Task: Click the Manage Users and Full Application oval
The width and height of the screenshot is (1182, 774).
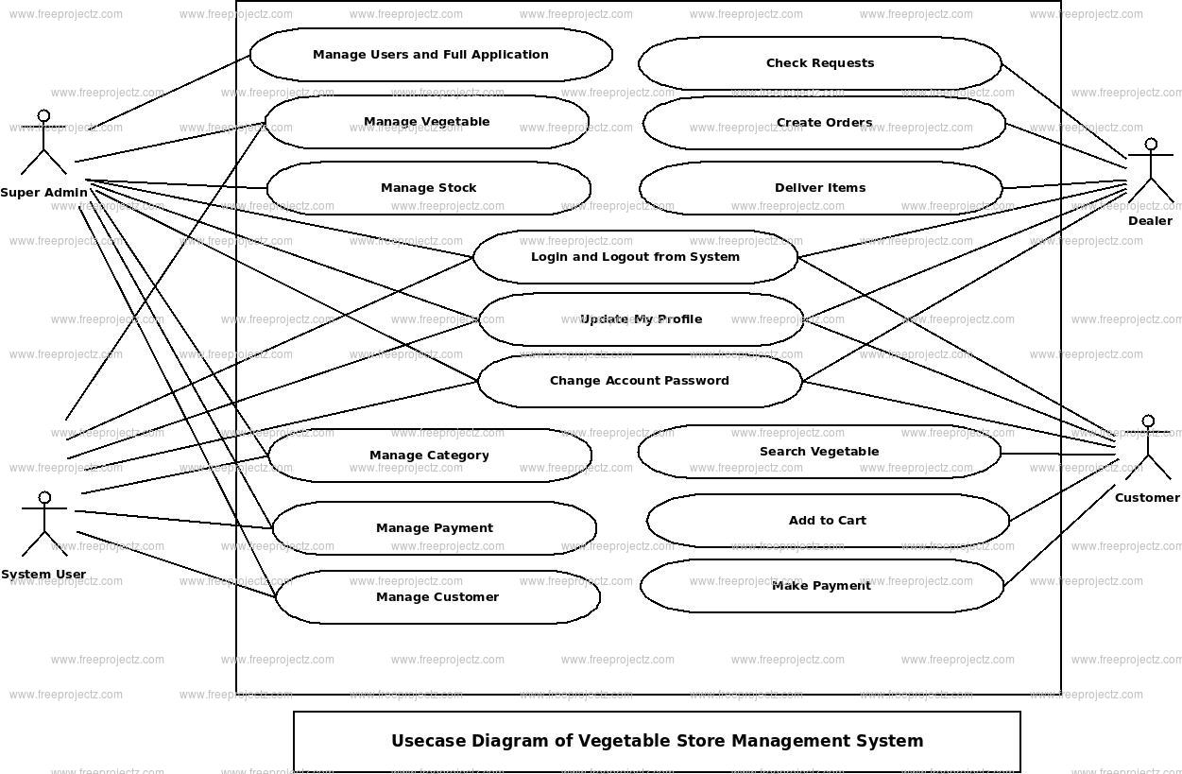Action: (x=431, y=55)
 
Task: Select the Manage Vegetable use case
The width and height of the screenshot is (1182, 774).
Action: (x=426, y=122)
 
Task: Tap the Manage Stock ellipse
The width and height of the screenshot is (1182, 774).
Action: (x=428, y=188)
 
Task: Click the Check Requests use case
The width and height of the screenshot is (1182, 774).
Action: (x=819, y=63)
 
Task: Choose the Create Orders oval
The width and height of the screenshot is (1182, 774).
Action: (x=824, y=123)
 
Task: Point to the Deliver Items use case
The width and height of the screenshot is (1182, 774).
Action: (x=820, y=188)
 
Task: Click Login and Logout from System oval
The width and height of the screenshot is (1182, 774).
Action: (x=635, y=257)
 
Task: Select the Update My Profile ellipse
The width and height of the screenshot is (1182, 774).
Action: (x=641, y=319)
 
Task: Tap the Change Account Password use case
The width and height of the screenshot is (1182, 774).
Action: (x=640, y=381)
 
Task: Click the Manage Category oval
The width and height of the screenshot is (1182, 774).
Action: (x=430, y=456)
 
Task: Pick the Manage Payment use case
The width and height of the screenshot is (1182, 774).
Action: (x=434, y=528)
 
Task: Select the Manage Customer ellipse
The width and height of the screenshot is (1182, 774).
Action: (x=437, y=597)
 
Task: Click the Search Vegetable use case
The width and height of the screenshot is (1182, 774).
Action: (x=819, y=452)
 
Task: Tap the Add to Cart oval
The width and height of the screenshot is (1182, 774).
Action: (x=828, y=521)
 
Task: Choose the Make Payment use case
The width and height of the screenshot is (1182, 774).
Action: (x=822, y=586)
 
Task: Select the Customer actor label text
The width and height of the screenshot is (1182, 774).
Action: (x=1147, y=498)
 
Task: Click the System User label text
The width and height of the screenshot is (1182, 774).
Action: (x=43, y=575)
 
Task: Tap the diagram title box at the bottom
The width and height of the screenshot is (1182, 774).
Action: (x=657, y=742)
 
